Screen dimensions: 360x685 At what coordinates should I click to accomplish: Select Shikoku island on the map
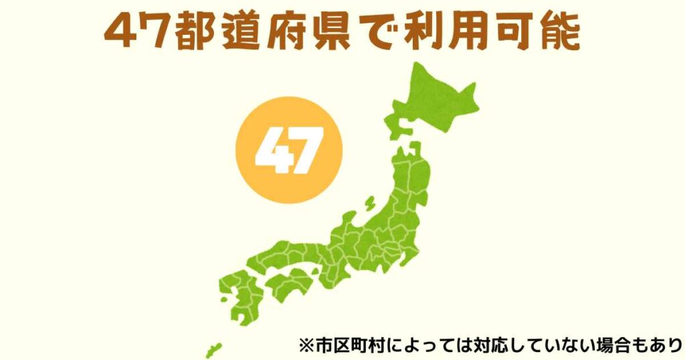[x=288, y=284]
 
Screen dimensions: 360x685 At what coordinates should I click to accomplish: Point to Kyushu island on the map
[x=237, y=294]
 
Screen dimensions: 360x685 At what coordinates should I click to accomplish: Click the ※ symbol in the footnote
[x=306, y=347]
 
